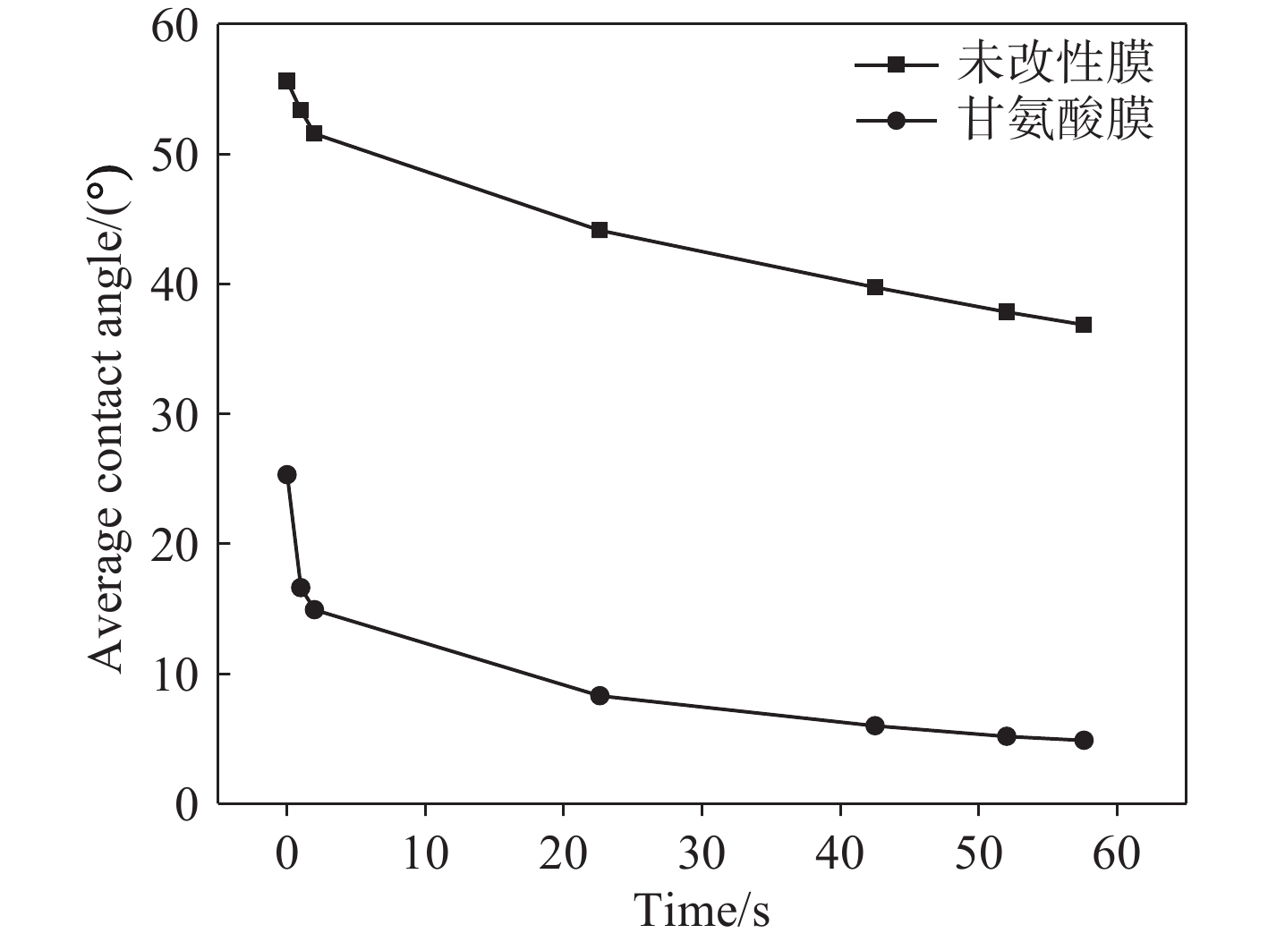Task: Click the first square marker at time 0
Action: click(286, 81)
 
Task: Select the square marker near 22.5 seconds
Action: click(600, 230)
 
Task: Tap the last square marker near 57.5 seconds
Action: click(1084, 325)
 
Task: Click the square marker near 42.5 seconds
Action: click(875, 287)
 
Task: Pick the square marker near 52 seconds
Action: click(1007, 312)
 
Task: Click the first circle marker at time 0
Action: click(286, 475)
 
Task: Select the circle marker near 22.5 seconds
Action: click(600, 696)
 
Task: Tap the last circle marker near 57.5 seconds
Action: click(1084, 740)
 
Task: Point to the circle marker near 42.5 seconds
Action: click(875, 726)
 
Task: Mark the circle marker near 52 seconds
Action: click(1007, 736)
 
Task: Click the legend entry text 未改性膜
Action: click(1056, 64)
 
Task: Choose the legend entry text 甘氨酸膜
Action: click(1056, 119)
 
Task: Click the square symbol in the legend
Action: click(896, 64)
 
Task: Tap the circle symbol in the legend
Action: click(896, 120)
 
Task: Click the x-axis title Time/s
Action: click(702, 911)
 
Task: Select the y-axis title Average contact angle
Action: click(107, 420)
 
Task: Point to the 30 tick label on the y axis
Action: click(174, 414)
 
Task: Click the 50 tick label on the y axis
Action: click(174, 155)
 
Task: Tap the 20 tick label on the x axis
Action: click(563, 854)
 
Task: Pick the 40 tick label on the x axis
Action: click(840, 854)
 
